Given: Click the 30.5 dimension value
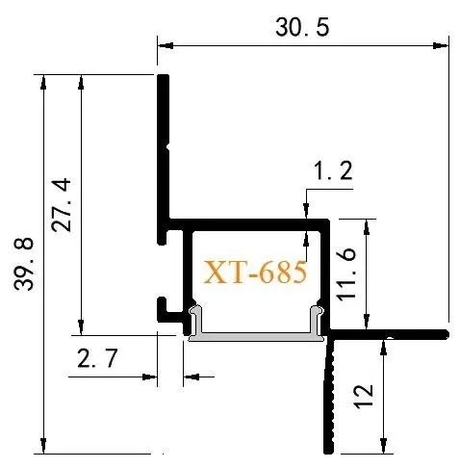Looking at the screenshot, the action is (x=302, y=27).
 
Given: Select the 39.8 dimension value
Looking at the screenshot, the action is (x=24, y=264).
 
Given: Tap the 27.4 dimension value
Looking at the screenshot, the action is (x=61, y=205).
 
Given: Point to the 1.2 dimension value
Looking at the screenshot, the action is (x=333, y=170).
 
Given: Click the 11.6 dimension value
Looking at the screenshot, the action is (x=345, y=274).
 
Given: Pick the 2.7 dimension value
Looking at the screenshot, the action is (x=98, y=358).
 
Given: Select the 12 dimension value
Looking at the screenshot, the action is (x=364, y=396).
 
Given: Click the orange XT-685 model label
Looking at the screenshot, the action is (x=255, y=273).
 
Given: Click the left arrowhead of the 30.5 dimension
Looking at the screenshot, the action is (x=166, y=45).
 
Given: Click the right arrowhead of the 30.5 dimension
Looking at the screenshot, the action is (x=441, y=45).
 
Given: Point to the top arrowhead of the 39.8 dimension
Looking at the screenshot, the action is (x=43, y=82).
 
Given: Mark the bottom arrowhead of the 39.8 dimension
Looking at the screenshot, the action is (x=43, y=446).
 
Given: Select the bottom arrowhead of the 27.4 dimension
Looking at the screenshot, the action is (x=81, y=327).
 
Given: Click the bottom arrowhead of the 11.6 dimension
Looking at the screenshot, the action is (x=367, y=322).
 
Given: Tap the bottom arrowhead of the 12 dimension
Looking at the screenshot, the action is (x=383, y=446).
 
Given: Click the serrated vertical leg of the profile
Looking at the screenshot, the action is (x=329, y=397).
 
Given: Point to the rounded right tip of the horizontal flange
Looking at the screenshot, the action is (x=446, y=334).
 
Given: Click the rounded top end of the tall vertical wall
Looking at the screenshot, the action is (x=164, y=77).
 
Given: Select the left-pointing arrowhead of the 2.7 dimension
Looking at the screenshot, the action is (x=192, y=377).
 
